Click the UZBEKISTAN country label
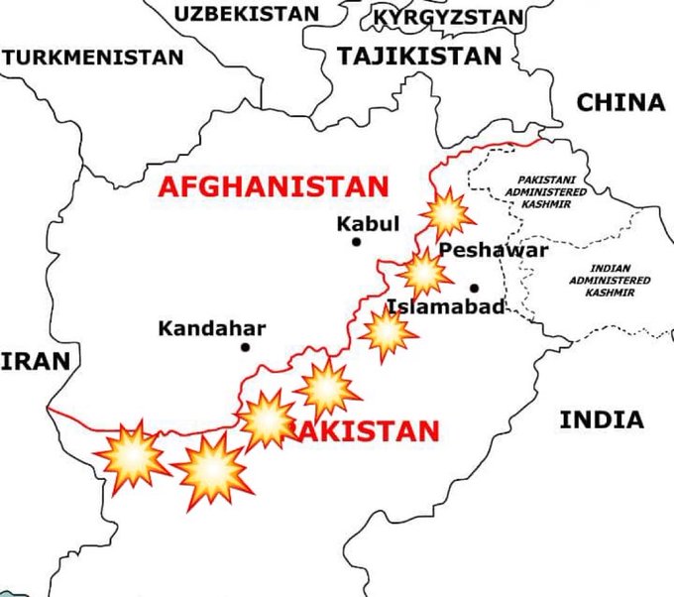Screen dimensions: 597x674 click(247, 13)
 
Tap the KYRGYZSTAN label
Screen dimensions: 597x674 click(449, 17)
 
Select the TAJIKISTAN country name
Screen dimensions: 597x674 click(419, 57)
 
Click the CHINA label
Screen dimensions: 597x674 click(620, 102)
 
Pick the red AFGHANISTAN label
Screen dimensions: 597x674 click(275, 185)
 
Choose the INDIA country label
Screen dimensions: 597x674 click(601, 419)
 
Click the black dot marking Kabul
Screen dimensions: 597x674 click(356, 241)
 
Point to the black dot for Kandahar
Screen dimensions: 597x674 click(245, 347)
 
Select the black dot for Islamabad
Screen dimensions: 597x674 click(474, 288)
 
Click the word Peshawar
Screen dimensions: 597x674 click(494, 250)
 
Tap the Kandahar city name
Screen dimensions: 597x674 click(212, 327)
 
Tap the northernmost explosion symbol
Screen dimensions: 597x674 click(446, 212)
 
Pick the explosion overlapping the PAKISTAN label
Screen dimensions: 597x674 click(267, 419)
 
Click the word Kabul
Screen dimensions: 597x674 click(368, 223)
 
